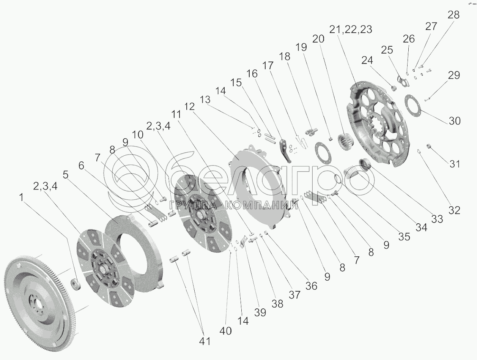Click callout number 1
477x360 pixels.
coord(21,197)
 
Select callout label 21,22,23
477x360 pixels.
coord(351,30)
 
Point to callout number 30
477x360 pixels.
coord(455,121)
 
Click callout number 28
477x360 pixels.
coord(453,15)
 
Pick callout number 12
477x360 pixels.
coord(189,107)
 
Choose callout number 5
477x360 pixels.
coord(66,175)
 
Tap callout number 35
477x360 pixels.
coord(404,236)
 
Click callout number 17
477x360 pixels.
coord(268,65)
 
